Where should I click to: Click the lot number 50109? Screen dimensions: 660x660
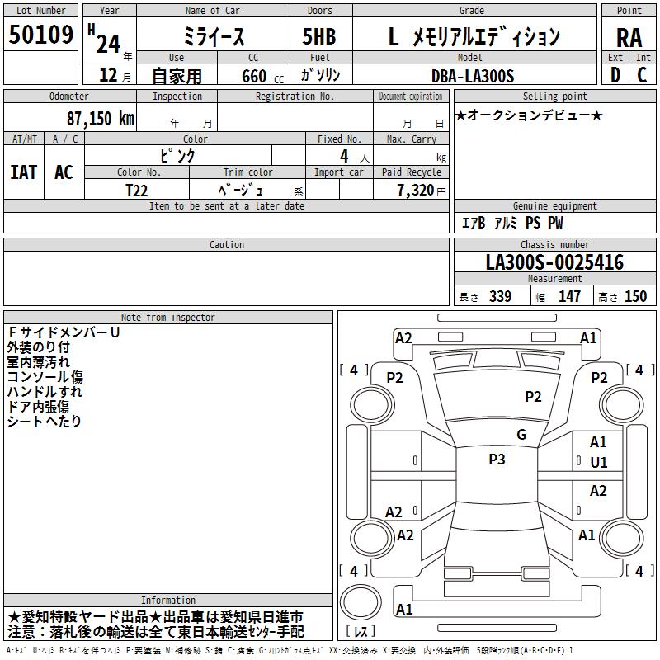(40, 34)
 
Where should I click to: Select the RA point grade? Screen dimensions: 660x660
(629, 38)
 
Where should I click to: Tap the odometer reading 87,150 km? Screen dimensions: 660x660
(100, 119)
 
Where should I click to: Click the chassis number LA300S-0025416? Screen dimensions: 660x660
(554, 262)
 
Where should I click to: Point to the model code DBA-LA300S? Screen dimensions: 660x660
(473, 76)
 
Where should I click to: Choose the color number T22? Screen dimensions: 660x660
(136, 191)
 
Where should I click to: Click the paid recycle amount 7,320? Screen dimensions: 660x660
(416, 190)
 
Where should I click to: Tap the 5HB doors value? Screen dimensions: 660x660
(319, 36)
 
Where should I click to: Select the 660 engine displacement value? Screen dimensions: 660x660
(254, 76)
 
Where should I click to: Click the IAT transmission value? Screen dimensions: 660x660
(24, 172)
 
